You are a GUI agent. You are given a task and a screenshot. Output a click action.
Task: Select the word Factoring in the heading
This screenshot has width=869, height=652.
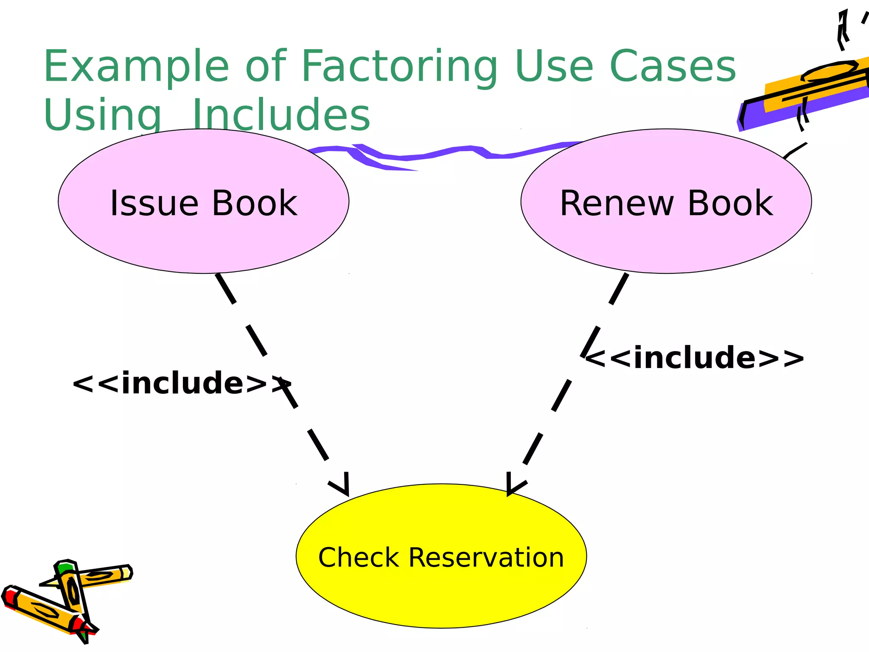pos(399,67)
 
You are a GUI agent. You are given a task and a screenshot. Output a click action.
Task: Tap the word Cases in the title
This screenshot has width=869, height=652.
pos(673,67)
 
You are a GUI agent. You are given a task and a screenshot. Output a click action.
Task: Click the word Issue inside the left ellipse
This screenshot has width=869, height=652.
pos(154,203)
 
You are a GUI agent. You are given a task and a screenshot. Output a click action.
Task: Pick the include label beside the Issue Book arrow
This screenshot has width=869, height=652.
pos(180,383)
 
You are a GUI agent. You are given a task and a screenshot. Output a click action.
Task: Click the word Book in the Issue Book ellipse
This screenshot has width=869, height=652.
pos(254,203)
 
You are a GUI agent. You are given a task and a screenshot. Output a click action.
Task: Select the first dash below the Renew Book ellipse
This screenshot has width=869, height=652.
pos(619,289)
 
